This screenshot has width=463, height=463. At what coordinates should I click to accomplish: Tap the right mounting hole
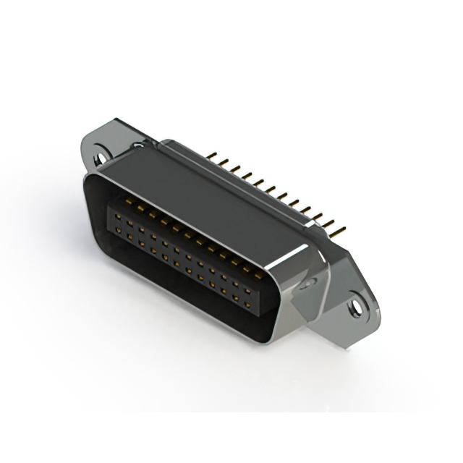coord(354,307)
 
